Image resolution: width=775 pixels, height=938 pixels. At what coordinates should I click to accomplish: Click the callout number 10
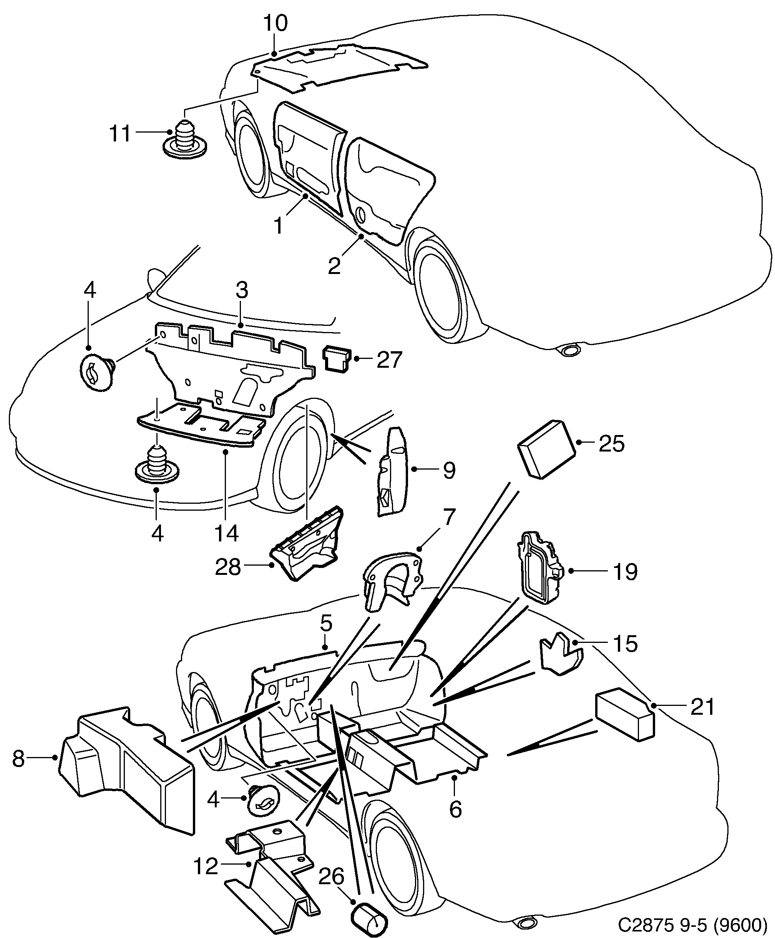[275, 23]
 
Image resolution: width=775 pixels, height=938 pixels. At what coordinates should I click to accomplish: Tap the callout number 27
[389, 360]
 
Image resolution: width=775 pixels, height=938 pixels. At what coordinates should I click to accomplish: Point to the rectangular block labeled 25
[546, 450]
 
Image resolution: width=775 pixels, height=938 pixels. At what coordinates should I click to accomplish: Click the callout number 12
[206, 867]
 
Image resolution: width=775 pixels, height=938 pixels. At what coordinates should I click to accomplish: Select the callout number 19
[625, 572]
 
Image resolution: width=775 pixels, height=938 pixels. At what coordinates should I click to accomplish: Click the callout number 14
[226, 533]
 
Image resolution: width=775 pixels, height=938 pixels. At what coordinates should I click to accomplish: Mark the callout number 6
[455, 809]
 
